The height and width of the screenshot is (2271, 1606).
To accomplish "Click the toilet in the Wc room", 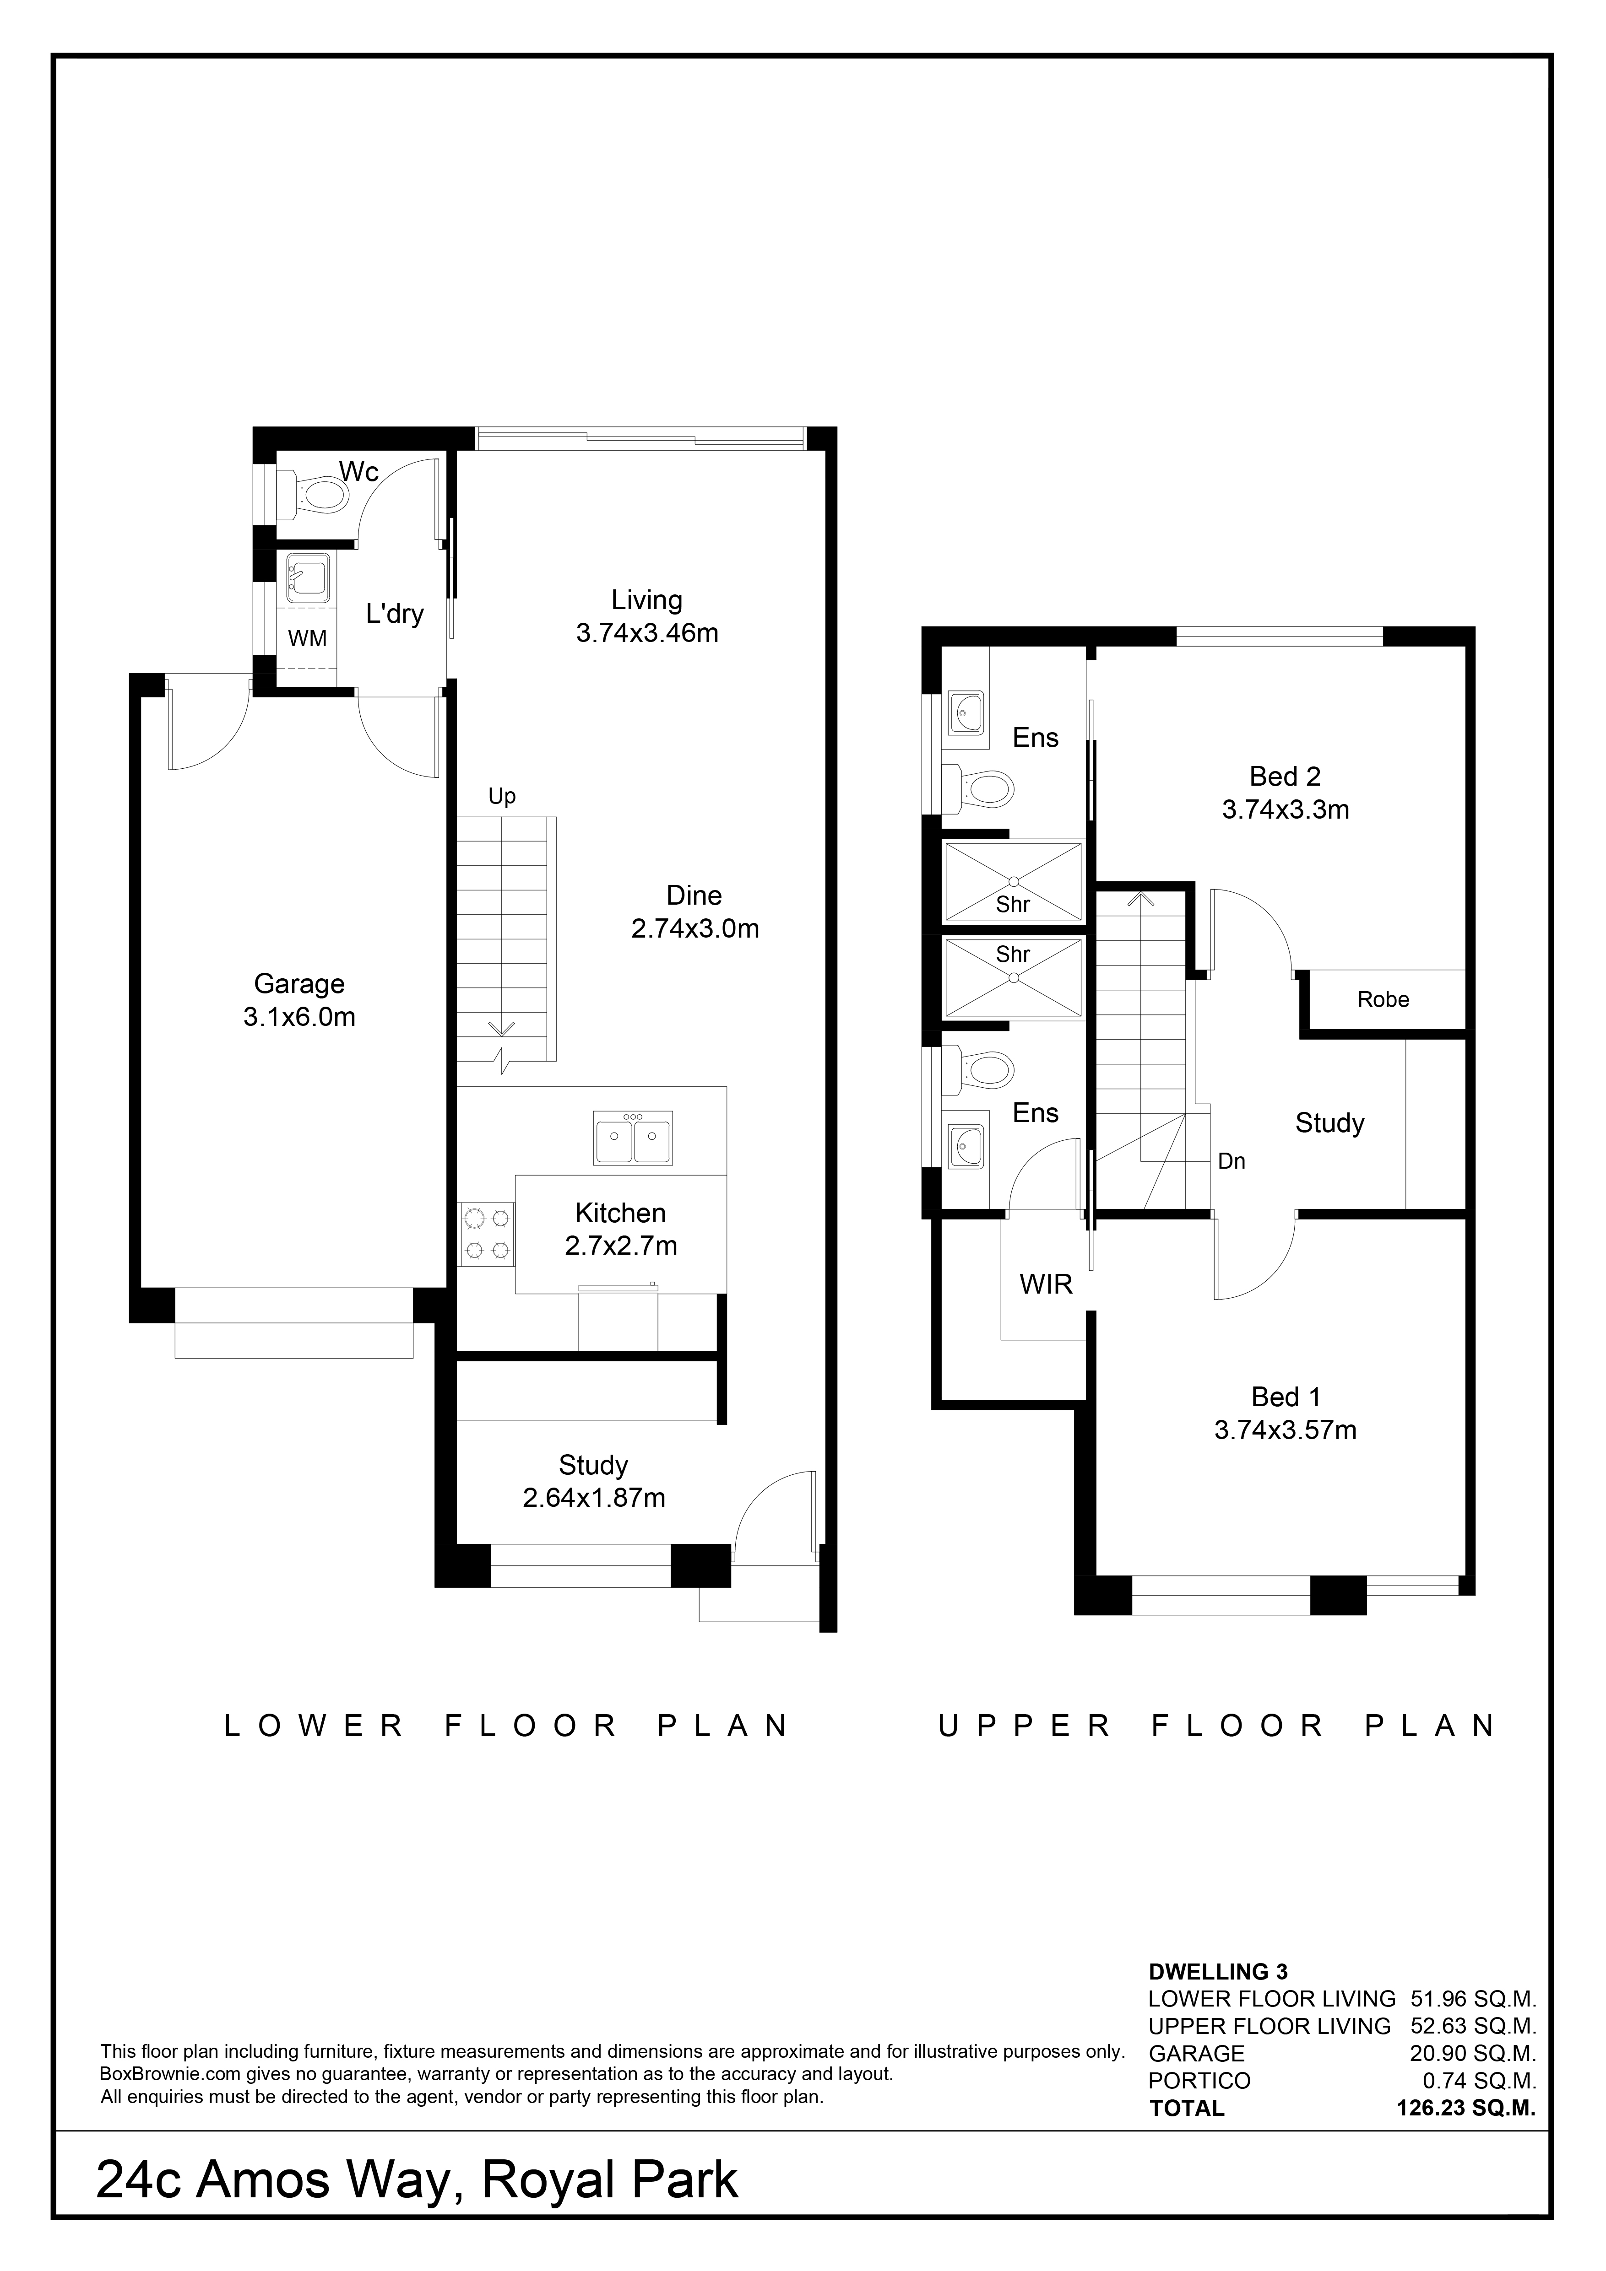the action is tap(315, 491).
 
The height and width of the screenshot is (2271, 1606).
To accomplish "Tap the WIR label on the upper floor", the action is tap(1046, 1285).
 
